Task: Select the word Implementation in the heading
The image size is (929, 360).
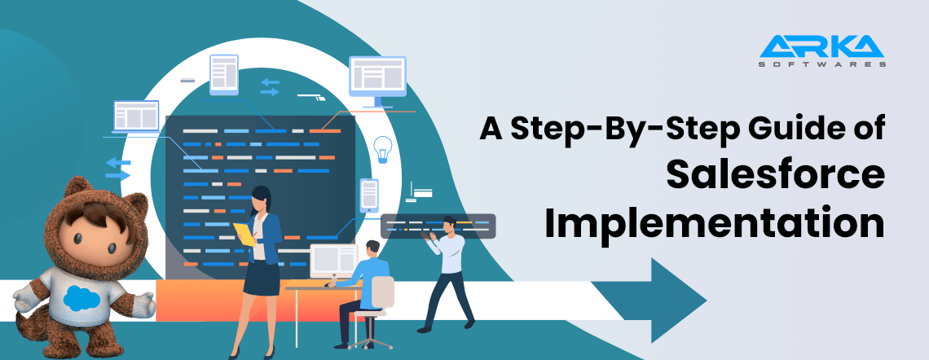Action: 715,223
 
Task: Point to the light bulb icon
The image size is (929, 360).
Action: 382,149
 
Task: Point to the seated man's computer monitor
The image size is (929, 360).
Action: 333,260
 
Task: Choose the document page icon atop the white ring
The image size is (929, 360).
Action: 223,73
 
